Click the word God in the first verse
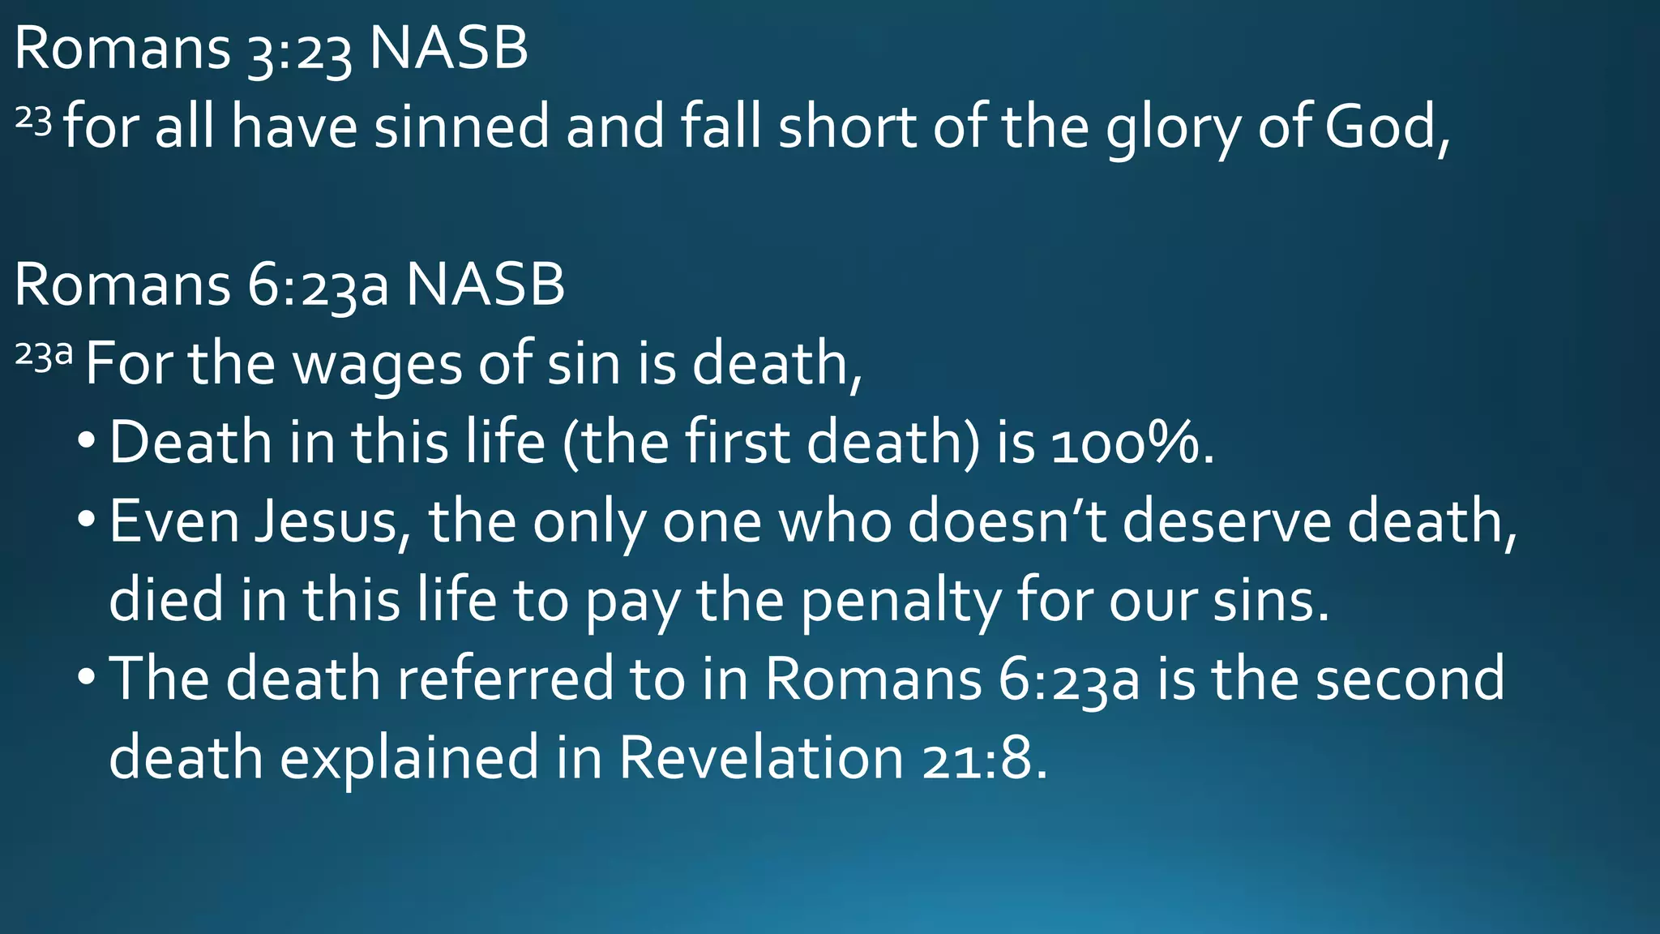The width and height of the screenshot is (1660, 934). pyautogui.click(x=1382, y=127)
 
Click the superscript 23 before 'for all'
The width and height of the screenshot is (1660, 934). pyautogui.click(x=33, y=121)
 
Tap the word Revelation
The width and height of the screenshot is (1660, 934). pyautogui.click(x=761, y=758)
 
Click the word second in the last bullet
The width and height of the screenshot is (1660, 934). pyautogui.click(x=1410, y=679)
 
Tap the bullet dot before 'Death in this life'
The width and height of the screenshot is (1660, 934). pyautogui.click(x=86, y=439)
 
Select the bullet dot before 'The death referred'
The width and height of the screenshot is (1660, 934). pyautogui.click(x=86, y=675)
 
